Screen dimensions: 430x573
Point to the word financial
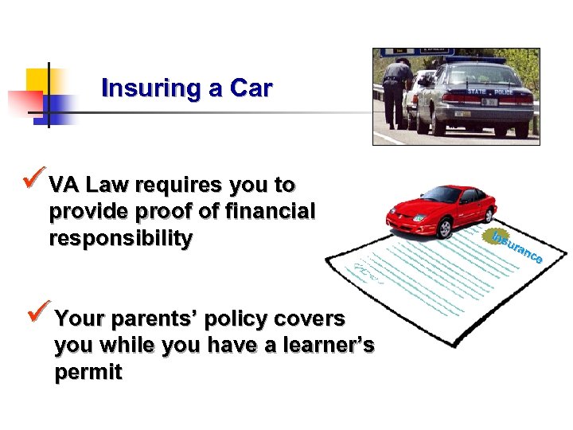coord(270,213)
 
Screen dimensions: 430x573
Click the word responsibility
coord(120,239)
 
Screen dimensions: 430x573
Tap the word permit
coord(88,373)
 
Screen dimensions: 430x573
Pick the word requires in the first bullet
coord(179,186)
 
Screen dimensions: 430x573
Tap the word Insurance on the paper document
coord(517,248)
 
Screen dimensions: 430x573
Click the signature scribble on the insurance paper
coord(368,271)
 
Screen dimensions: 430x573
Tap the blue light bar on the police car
coord(475,60)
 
